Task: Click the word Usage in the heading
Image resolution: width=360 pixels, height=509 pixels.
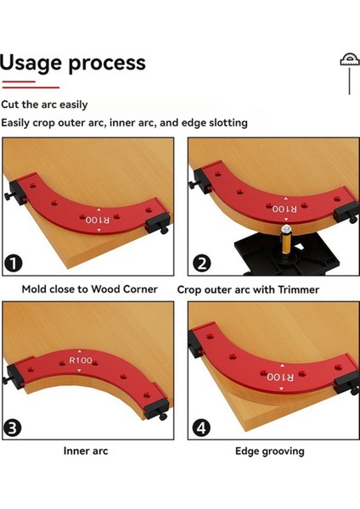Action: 31,64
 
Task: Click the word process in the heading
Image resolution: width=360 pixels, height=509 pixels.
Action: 107,64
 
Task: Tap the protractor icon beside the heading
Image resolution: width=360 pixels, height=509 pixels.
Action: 350,59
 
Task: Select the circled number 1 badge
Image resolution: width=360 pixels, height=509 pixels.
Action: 14,263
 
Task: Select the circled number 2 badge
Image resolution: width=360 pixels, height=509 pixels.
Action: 202,263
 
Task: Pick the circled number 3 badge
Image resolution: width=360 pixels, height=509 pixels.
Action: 13,428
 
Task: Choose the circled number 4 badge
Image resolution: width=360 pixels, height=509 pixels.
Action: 201,428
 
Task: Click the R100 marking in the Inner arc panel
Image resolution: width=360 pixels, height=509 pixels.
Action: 81,360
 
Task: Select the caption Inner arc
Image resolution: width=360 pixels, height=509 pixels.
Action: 86,451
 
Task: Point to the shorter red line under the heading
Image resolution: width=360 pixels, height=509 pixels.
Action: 19,81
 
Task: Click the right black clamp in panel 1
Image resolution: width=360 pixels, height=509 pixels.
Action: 158,224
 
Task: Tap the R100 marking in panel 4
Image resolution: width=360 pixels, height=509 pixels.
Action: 280,377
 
